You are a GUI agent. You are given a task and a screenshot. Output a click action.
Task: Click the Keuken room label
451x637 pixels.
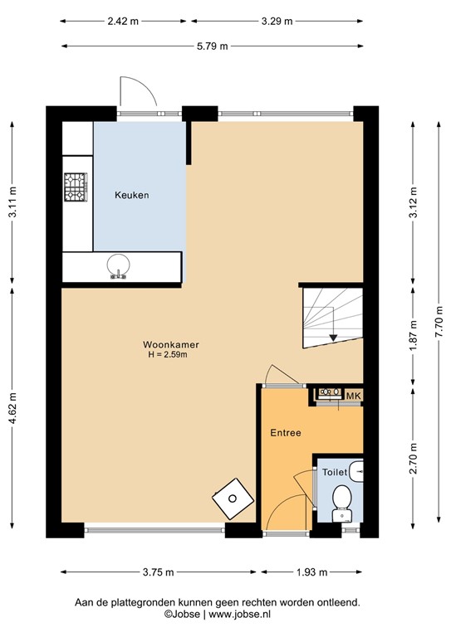(131, 196)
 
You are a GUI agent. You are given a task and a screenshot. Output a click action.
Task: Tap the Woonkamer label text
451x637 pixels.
(169, 344)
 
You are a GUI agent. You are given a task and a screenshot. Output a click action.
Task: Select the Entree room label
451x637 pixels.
(285, 433)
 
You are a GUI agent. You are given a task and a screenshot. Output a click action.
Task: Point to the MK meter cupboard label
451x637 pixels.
(352, 396)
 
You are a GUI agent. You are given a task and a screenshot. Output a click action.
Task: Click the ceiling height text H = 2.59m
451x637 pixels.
(169, 355)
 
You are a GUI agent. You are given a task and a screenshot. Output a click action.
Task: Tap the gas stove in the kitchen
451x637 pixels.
(76, 187)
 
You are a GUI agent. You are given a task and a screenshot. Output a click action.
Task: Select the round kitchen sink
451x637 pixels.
(117, 265)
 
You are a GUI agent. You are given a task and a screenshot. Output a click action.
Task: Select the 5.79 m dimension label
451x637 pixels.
(213, 46)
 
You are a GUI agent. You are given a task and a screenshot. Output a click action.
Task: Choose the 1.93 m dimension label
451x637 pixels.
(312, 572)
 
